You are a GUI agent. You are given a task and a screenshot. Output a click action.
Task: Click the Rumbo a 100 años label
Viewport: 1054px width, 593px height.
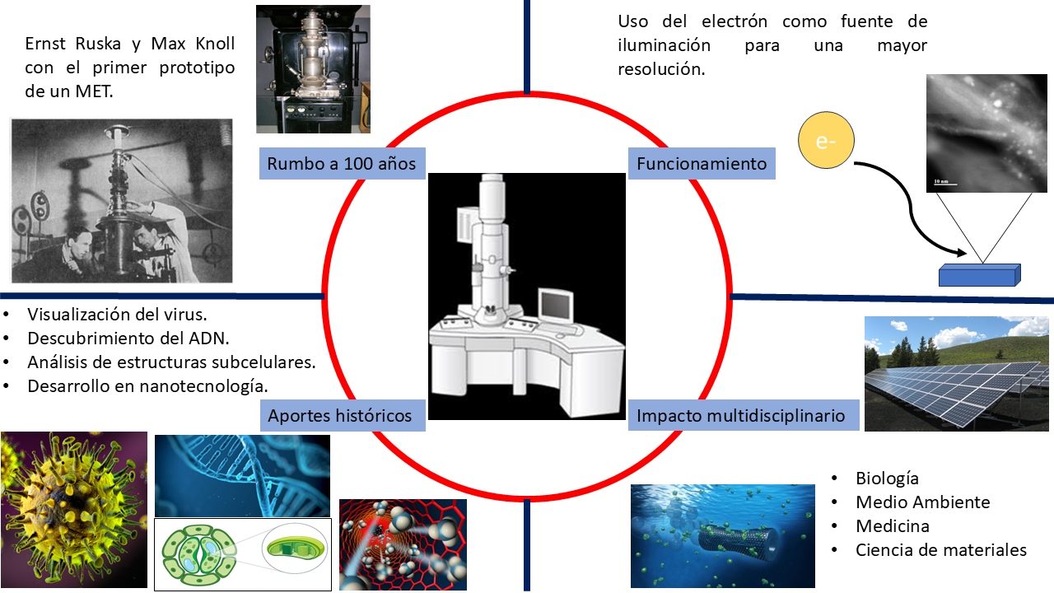(x=343, y=163)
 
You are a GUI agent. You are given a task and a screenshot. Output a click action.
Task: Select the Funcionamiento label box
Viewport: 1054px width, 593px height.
(x=702, y=163)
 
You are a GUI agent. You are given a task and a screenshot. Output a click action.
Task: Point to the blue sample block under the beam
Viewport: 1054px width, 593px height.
(x=979, y=275)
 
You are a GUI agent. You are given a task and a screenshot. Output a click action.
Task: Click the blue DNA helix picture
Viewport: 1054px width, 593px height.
(x=242, y=475)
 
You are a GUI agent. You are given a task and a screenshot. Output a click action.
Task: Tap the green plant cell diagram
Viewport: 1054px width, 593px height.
(x=242, y=553)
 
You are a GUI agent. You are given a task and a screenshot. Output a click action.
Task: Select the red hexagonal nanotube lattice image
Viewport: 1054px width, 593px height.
(x=403, y=544)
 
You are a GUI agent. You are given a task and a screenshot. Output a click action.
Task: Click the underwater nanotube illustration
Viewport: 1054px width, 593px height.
(x=722, y=535)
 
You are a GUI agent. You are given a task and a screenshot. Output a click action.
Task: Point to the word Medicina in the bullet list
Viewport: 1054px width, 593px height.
(x=893, y=525)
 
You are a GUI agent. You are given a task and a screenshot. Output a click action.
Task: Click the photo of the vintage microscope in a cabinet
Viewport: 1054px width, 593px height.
(x=313, y=68)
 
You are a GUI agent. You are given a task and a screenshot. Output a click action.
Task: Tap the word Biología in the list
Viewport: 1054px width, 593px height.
(x=887, y=478)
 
